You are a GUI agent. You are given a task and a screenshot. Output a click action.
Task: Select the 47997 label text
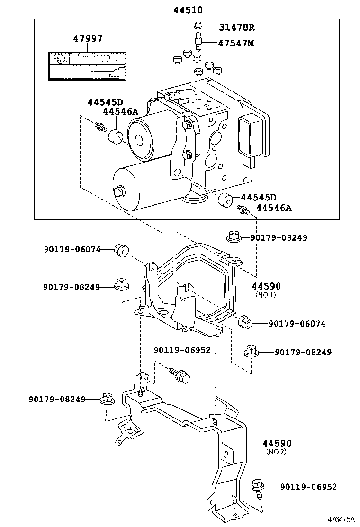[87, 39]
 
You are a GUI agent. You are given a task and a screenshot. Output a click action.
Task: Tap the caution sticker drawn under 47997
[87, 65]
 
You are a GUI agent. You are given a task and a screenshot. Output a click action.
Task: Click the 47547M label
[236, 43]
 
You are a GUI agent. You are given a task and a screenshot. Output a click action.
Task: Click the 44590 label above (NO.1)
[266, 286]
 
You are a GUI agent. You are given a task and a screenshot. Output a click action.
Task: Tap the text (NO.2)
[277, 452]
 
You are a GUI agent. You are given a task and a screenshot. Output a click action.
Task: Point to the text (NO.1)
[266, 294]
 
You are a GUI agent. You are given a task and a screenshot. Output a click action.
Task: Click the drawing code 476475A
[340, 519]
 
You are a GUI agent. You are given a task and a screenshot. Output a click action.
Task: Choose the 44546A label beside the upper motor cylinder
[120, 111]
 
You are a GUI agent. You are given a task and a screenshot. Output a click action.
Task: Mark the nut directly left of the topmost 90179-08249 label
[234, 236]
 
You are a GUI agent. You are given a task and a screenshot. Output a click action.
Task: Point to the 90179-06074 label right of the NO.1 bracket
[297, 324]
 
